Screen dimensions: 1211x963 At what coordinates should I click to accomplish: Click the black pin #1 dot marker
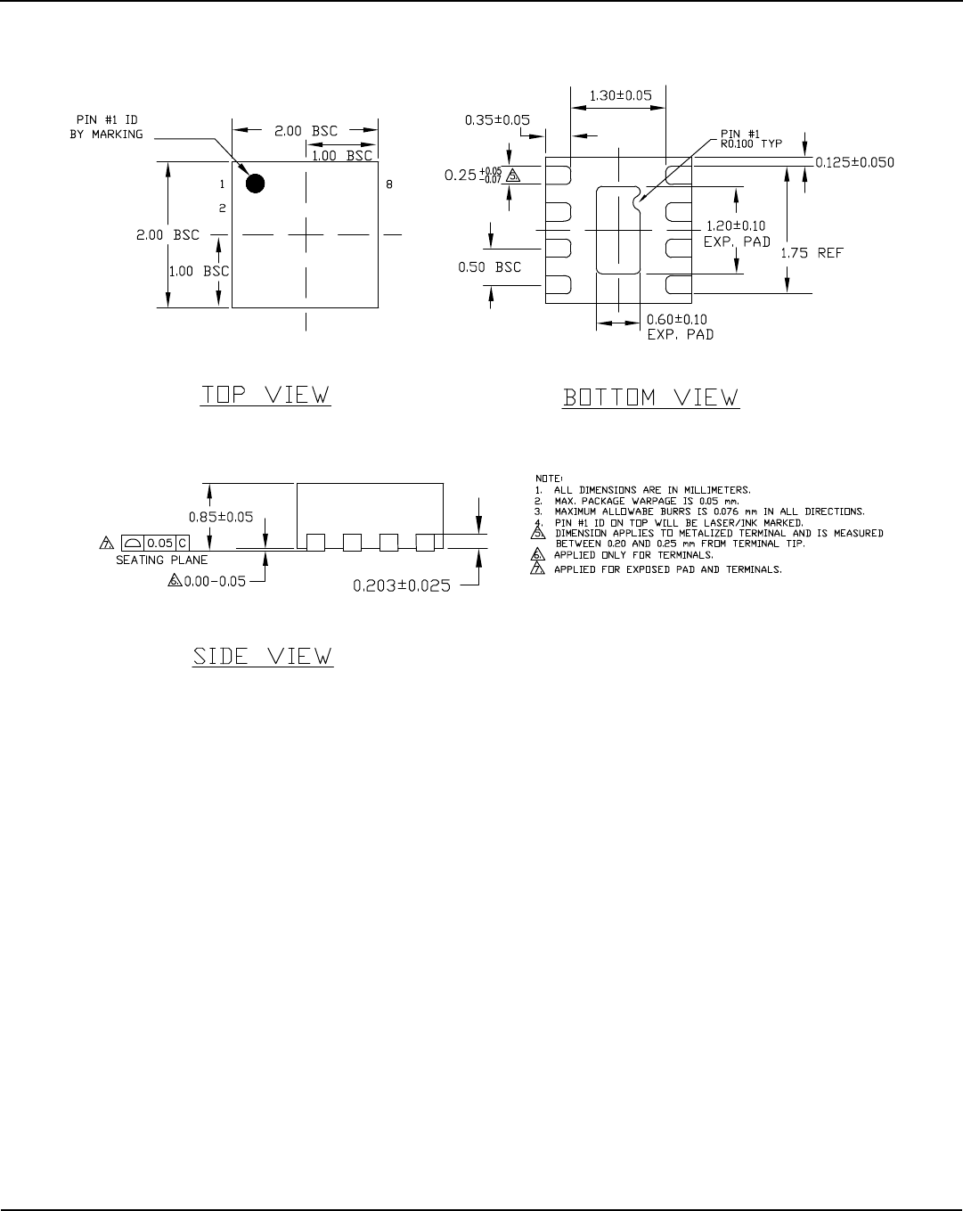click(256, 184)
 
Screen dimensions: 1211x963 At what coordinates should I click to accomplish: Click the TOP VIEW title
click(265, 394)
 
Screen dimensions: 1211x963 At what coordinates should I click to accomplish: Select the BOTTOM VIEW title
click(650, 397)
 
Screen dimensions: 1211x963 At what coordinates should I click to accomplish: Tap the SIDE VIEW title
click(264, 658)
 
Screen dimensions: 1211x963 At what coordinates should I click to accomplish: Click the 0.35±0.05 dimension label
click(498, 119)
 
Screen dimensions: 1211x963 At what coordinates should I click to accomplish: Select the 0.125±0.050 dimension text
click(854, 162)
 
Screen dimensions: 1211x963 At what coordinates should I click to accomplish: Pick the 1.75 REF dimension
click(812, 253)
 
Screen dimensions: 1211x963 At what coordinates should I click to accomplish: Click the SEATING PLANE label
click(162, 560)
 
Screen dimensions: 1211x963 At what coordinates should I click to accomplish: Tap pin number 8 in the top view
click(389, 184)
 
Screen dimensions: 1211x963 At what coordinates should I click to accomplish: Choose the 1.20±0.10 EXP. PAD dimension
click(735, 233)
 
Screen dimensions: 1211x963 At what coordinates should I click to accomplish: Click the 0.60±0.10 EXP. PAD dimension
click(680, 327)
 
